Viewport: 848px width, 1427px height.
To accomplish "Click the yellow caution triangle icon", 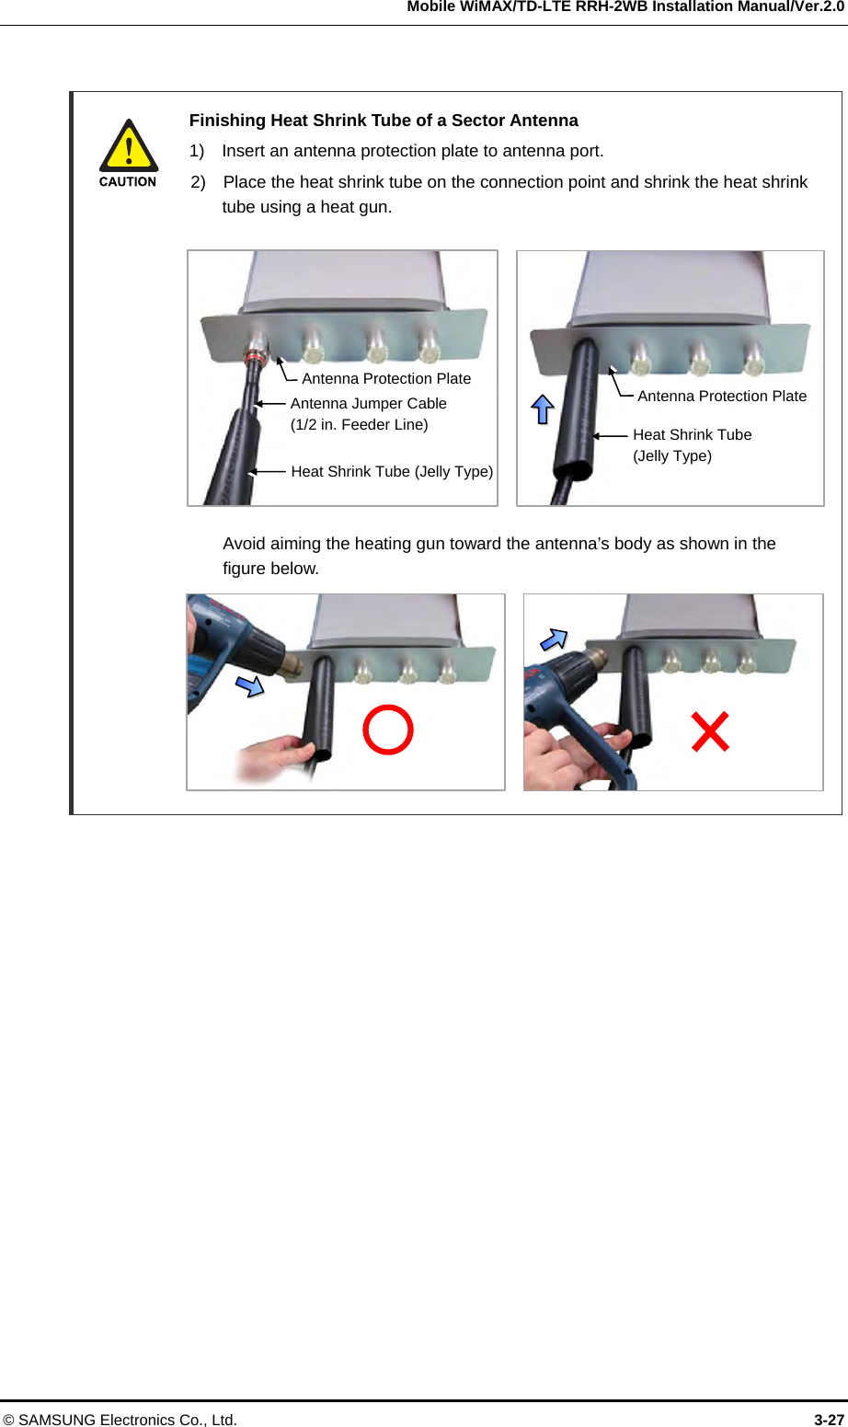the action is pyautogui.click(x=129, y=146).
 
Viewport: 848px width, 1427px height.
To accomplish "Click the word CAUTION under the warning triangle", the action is pyautogui.click(x=128, y=182).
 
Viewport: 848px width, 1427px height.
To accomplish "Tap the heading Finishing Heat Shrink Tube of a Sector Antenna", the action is pyautogui.click(x=384, y=121).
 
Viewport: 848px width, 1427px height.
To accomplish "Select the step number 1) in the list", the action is pyautogui.click(x=197, y=151).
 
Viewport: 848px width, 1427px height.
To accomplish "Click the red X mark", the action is pyautogui.click(x=710, y=732).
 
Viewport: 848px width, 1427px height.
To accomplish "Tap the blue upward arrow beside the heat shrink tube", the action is pyautogui.click(x=543, y=409).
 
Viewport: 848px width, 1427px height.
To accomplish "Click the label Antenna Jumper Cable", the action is pyautogui.click(x=369, y=403).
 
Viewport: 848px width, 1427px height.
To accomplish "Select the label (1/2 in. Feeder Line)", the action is pyautogui.click(x=359, y=425).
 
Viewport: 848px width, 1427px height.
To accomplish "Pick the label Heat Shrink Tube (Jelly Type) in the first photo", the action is pyautogui.click(x=392, y=471).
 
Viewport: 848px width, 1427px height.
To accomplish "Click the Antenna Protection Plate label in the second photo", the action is pyautogui.click(x=722, y=397).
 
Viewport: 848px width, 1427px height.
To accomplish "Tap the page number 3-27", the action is pyautogui.click(x=829, y=1420).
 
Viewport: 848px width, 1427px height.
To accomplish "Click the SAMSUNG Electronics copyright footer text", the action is pyautogui.click(x=120, y=1420).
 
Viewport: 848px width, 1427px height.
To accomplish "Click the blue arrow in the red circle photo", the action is pyautogui.click(x=249, y=685).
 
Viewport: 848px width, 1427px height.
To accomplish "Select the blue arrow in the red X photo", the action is pyautogui.click(x=554, y=639).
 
